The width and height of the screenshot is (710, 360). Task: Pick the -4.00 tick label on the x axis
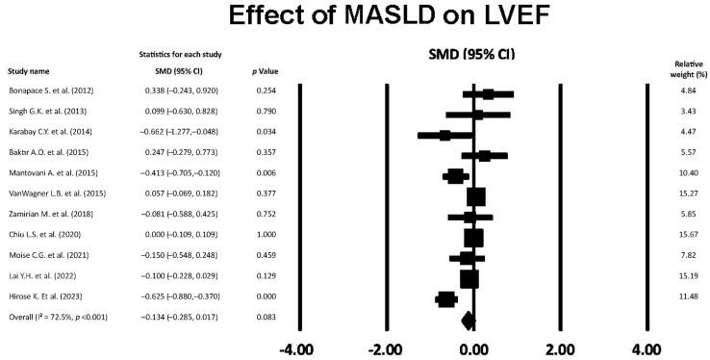[x=300, y=347]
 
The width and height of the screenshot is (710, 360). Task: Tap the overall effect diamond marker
[x=469, y=321]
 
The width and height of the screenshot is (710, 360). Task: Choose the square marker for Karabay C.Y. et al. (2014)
[x=444, y=135]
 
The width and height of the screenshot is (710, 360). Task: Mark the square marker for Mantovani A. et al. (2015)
[x=456, y=176]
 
